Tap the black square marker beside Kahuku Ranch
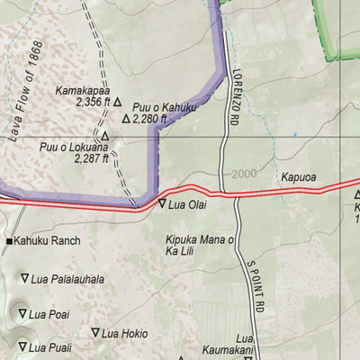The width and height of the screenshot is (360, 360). tap(10, 242)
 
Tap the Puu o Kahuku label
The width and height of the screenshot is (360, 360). tap(165, 107)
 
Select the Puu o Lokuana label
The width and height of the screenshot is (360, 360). tap(74, 147)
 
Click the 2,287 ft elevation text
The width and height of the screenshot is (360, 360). tap(93, 158)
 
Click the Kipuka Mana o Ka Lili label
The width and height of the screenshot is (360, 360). tap(200, 246)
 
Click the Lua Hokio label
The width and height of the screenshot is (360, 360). tap(124, 333)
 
